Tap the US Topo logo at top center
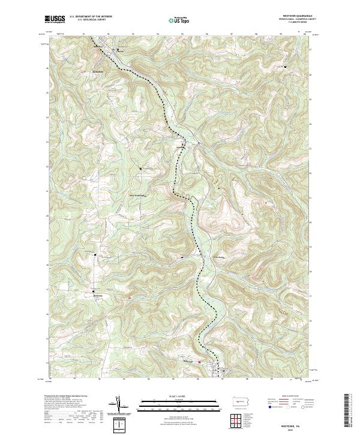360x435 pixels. [180, 19]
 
